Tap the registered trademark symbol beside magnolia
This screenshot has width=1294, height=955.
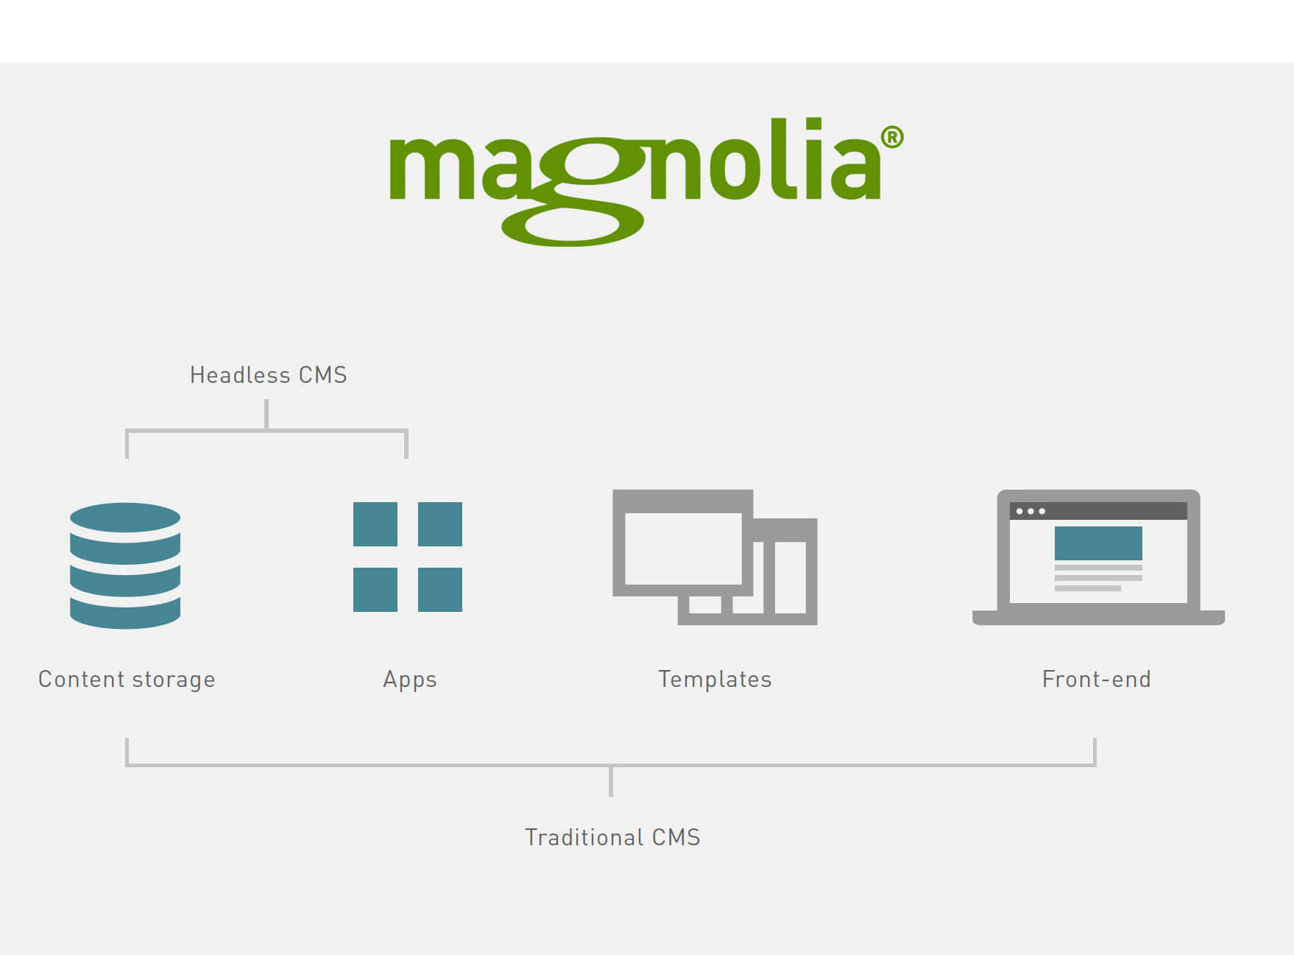[x=892, y=138]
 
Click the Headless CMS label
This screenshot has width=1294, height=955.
[x=269, y=375]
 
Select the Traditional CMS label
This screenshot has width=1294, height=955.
[x=612, y=837]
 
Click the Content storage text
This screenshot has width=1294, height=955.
[x=127, y=680]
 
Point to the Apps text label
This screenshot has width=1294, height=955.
[x=410, y=680]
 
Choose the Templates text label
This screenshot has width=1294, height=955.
[x=715, y=679]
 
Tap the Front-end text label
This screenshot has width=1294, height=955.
[x=1097, y=679]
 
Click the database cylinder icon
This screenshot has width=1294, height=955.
[x=125, y=565]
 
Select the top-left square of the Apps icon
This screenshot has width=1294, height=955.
[x=375, y=524]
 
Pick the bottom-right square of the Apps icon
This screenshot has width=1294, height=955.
[x=440, y=590]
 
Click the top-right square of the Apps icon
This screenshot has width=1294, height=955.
[x=440, y=524]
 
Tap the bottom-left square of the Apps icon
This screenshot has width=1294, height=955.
[x=375, y=590]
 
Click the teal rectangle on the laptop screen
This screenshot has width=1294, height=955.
[x=1098, y=543]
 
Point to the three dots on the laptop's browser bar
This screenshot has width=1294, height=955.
[x=1030, y=511]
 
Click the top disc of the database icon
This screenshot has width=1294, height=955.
[x=125, y=518]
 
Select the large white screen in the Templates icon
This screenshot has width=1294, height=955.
[x=684, y=549]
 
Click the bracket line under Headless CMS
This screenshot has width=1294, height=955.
[x=266, y=430]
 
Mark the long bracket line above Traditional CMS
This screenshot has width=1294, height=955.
[x=611, y=766]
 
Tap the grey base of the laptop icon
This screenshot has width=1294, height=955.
[x=1098, y=618]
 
